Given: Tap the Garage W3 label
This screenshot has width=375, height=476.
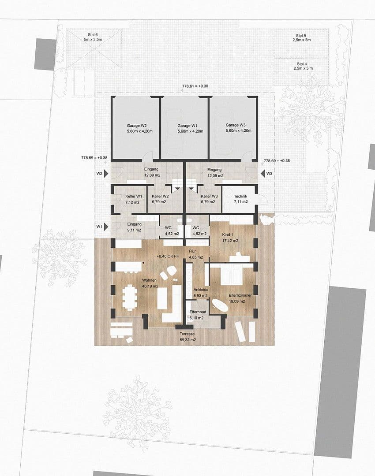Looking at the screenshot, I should [x=238, y=127].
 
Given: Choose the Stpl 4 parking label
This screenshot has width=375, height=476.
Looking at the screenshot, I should [x=304, y=66].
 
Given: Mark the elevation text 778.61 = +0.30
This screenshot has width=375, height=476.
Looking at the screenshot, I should [x=195, y=86].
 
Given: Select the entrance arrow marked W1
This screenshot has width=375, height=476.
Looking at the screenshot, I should [x=106, y=227].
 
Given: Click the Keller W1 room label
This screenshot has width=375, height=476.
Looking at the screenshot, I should [x=133, y=199].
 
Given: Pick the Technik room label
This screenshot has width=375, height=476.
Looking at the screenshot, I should [x=240, y=199].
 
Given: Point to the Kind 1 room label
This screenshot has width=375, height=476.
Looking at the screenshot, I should [x=230, y=238].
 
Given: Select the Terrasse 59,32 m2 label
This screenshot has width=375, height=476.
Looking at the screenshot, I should [x=187, y=337].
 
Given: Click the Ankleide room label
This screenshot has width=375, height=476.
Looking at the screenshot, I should [x=200, y=292].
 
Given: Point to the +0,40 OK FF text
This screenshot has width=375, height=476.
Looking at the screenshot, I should [x=168, y=256].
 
